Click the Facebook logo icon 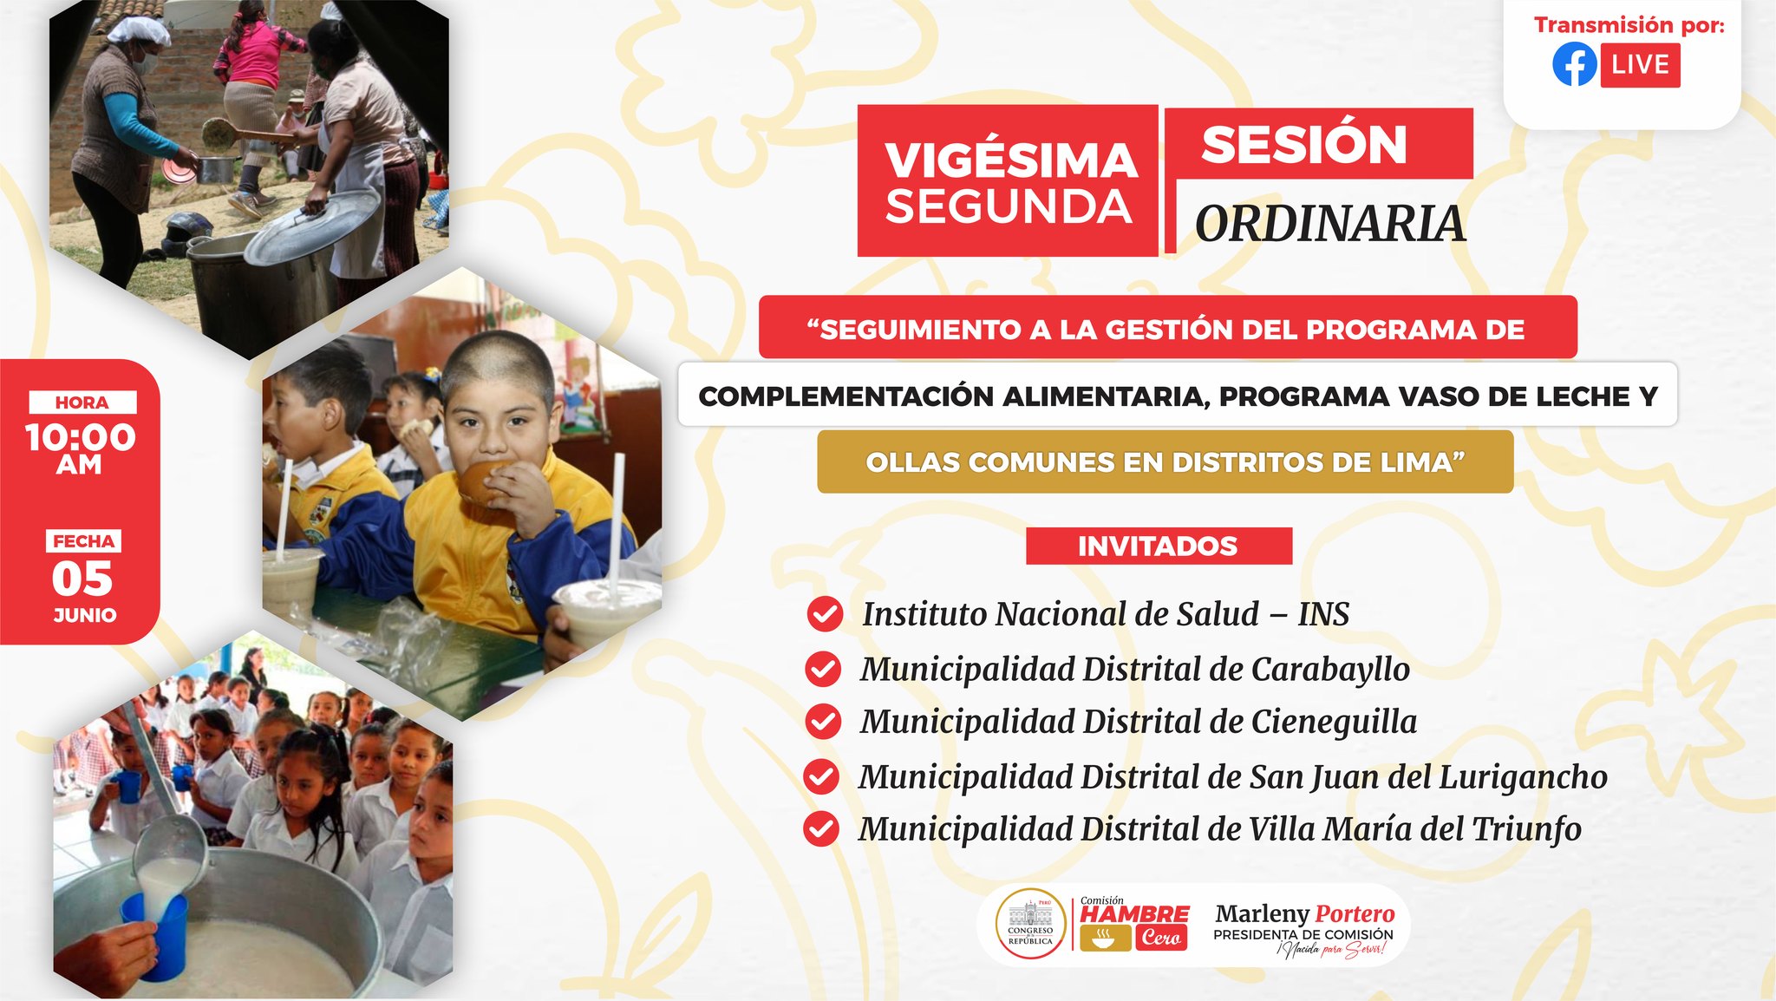tap(1574, 64)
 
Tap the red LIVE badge tap(1640, 65)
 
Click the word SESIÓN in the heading tap(1303, 144)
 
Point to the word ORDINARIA tap(1330, 224)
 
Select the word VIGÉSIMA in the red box tap(1010, 160)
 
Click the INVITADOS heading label tap(1159, 546)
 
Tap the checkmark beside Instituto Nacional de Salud tap(825, 614)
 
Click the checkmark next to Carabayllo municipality tap(823, 669)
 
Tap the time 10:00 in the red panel tap(81, 437)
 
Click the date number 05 tap(82, 579)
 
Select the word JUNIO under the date tap(85, 615)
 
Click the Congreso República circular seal tap(1030, 925)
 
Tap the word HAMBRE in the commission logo tap(1134, 914)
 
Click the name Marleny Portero tap(1304, 913)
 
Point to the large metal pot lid tap(312, 227)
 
